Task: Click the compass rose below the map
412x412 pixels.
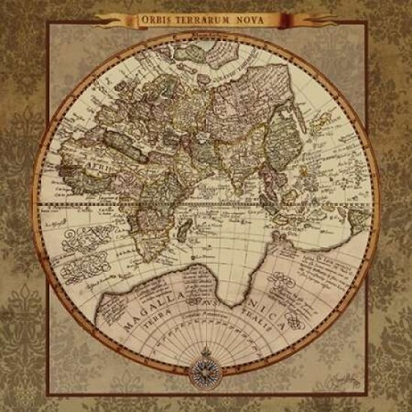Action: coord(205,367)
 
